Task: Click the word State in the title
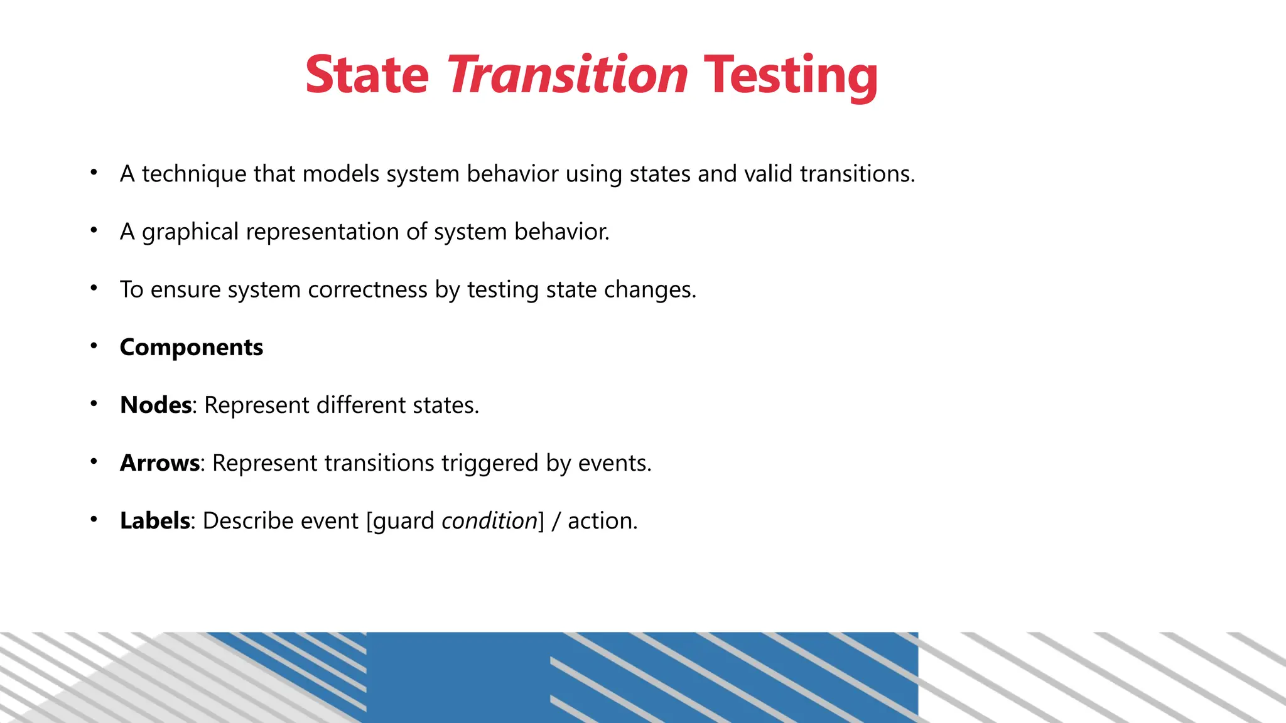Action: [367, 75]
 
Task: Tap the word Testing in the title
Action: [791, 75]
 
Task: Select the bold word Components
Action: [191, 348]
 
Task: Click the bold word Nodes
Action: [156, 405]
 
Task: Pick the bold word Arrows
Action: [159, 463]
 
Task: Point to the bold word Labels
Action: [154, 521]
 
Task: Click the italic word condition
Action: [489, 521]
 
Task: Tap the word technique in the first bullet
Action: [194, 174]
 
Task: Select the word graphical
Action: [190, 232]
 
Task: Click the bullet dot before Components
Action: [94, 346]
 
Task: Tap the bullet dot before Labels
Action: [94, 519]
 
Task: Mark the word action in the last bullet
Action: [602, 521]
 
